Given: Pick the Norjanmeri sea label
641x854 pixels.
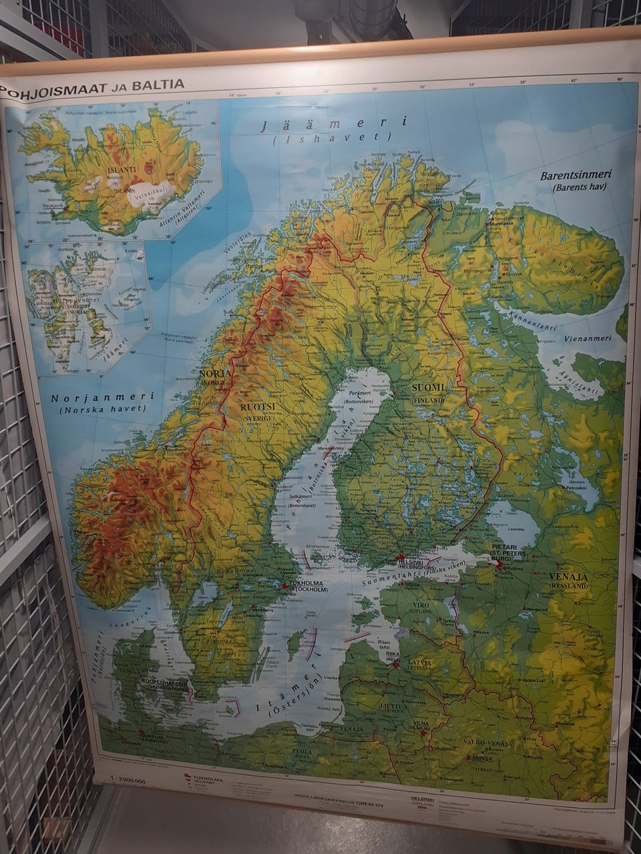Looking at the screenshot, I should (102, 396).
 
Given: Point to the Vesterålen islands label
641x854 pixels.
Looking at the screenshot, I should (243, 240).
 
